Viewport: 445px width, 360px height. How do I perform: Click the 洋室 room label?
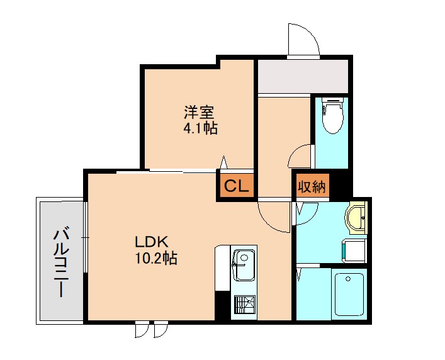[199, 113]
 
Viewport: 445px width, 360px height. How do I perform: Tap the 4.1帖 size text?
[201, 128]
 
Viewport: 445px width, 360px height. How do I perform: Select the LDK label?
[152, 242]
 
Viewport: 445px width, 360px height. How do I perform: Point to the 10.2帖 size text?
[156, 259]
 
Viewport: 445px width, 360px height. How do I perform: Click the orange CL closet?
[237, 186]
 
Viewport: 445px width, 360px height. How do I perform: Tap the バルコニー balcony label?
[61, 262]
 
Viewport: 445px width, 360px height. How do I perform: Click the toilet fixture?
[332, 116]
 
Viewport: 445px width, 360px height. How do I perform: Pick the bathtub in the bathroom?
[349, 295]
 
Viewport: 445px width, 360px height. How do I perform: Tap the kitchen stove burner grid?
[244, 305]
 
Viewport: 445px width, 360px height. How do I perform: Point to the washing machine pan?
[354, 250]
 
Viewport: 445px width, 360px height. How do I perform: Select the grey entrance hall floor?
[303, 76]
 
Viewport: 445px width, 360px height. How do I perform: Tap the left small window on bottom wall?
[142, 330]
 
